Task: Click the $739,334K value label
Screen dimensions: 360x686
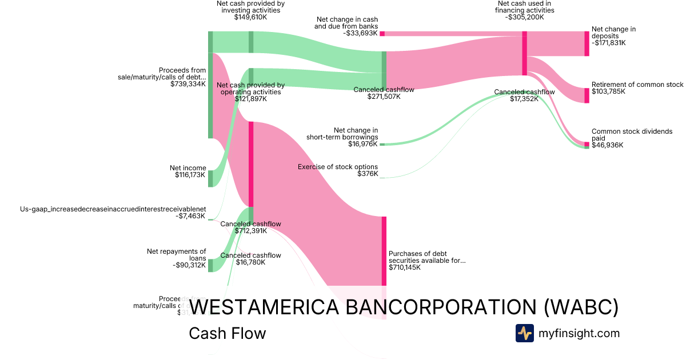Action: click(x=188, y=84)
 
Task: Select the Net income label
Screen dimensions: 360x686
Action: click(x=188, y=168)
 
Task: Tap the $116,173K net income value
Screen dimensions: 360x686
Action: click(x=190, y=175)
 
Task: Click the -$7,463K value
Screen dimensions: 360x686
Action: click(x=190, y=216)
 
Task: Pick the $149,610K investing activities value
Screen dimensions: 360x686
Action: click(x=250, y=17)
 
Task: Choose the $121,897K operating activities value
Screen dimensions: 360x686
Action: click(x=250, y=99)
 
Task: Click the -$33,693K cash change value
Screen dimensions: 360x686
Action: click(x=361, y=33)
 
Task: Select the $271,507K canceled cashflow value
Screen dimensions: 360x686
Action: click(x=384, y=97)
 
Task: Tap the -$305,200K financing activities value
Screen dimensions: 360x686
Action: click(x=524, y=17)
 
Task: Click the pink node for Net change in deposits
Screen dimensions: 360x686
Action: click(x=587, y=43)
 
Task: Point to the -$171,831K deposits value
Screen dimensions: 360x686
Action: click(x=608, y=43)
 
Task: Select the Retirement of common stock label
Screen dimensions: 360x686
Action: click(x=637, y=85)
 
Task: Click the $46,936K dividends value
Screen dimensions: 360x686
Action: click(x=607, y=145)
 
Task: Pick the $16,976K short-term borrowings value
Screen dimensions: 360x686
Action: click(x=362, y=144)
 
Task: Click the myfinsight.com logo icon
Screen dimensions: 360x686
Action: click(x=524, y=333)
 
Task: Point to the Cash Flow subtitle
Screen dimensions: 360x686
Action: click(x=227, y=333)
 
